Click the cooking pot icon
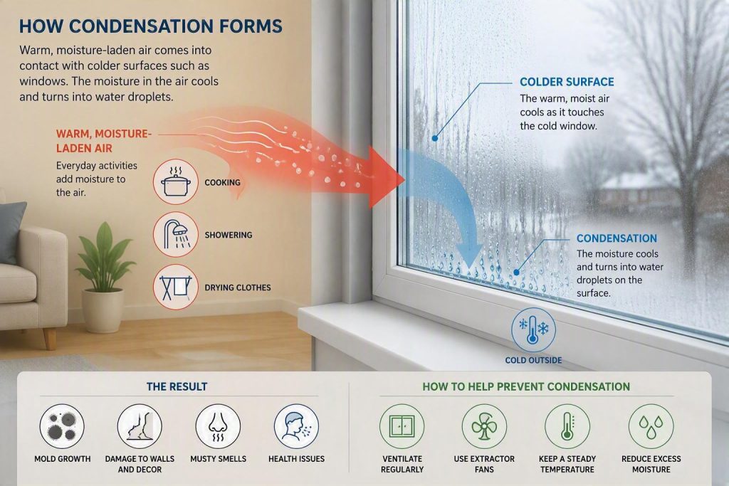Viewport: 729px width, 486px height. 176,181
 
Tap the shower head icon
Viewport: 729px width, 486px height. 176,234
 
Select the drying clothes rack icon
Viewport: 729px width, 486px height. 176,287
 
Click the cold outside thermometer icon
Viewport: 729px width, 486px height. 533,330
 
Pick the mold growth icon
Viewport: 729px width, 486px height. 63,426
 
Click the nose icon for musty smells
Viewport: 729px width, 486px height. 218,426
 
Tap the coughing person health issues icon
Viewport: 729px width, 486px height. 296,426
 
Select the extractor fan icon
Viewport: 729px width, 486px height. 484,426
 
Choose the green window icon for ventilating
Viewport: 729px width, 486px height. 402,426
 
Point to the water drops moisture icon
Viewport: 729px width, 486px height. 651,426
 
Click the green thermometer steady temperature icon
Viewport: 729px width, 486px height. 567,426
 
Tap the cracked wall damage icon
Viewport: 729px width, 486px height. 140,426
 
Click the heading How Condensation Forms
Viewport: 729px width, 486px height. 151,26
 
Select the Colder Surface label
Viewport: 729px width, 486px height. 567,82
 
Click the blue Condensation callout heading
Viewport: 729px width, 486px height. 617,238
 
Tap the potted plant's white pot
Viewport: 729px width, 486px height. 103,310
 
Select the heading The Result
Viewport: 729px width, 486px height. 177,386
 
